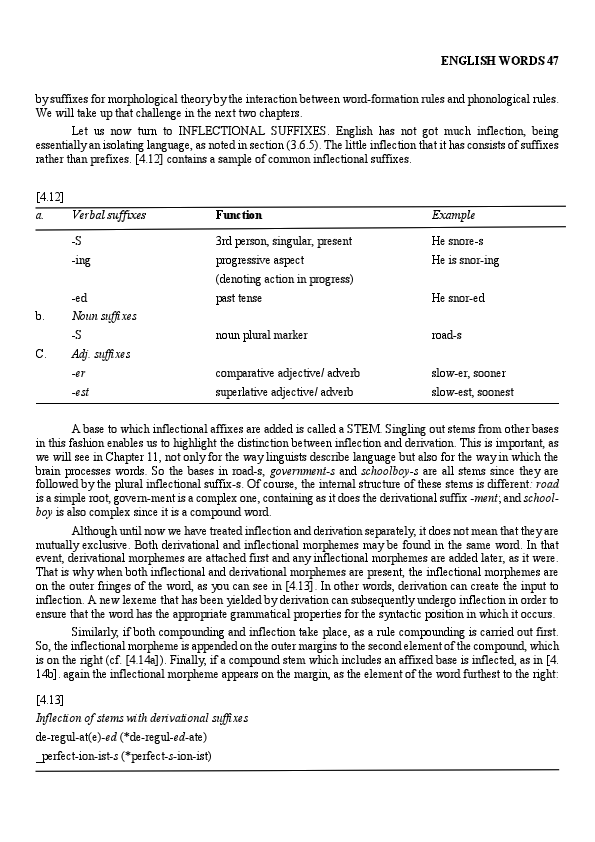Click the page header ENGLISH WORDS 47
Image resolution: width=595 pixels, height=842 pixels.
pyautogui.click(x=499, y=61)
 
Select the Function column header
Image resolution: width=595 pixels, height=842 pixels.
pyautogui.click(x=239, y=215)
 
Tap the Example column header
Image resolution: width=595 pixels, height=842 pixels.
pyautogui.click(x=453, y=215)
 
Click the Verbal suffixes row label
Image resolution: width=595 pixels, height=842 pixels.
pyautogui.click(x=109, y=215)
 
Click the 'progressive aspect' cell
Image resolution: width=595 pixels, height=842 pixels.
pyautogui.click(x=260, y=260)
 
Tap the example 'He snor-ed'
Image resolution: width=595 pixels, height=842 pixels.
pyautogui.click(x=458, y=298)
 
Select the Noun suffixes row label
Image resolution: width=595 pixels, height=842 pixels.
pyautogui.click(x=104, y=316)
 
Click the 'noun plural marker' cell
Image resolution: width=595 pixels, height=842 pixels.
pyautogui.click(x=262, y=335)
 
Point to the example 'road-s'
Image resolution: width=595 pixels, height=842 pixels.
pyautogui.click(x=446, y=335)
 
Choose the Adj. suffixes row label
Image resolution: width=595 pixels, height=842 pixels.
pyautogui.click(x=101, y=354)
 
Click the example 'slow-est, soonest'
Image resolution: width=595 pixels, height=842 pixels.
pyautogui.click(x=473, y=392)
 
